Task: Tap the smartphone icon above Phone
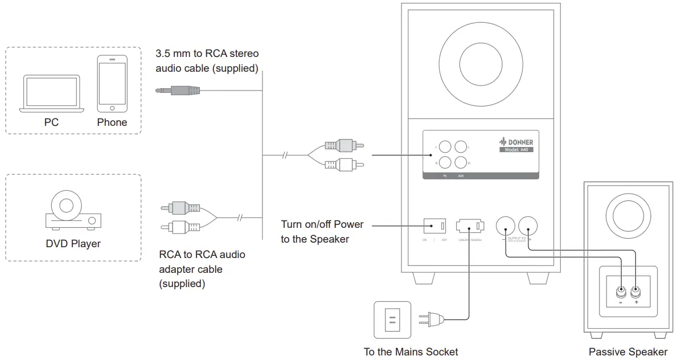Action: [112, 84]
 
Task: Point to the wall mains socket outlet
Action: [392, 320]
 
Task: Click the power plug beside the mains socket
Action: [431, 320]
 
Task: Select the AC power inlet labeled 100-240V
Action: [470, 227]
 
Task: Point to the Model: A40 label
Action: [516, 150]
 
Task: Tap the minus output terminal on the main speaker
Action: [505, 226]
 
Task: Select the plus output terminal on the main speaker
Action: [527, 226]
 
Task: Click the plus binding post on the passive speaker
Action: [635, 292]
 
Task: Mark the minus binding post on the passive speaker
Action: [620, 292]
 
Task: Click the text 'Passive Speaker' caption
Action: [628, 351]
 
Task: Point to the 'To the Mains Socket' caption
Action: [411, 351]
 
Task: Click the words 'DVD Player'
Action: [73, 244]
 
